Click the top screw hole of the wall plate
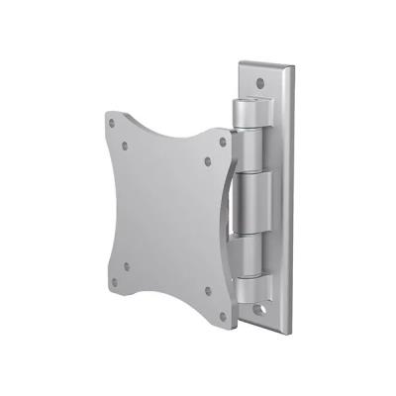259,82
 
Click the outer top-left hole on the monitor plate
112,123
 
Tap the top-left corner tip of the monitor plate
107,114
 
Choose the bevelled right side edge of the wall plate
292,198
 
